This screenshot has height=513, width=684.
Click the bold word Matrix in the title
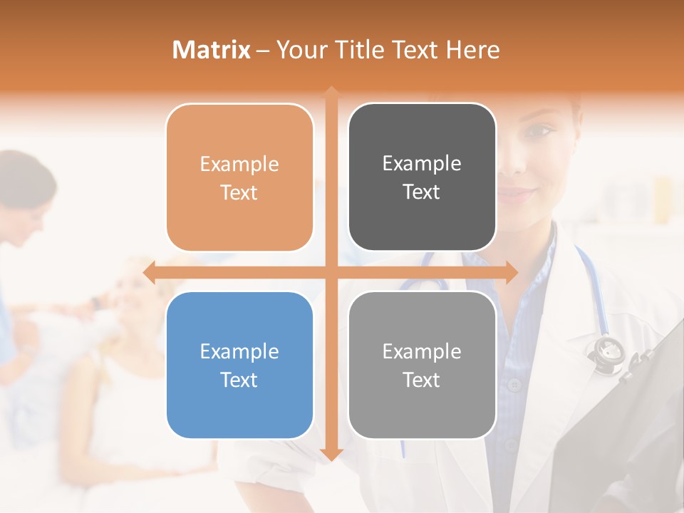coord(211,50)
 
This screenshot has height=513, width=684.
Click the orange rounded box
coord(239,177)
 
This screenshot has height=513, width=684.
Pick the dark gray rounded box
coord(422,177)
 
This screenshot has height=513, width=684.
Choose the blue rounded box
coord(239,365)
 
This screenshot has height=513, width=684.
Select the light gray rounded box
coord(422,365)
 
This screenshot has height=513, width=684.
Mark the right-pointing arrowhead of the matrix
coord(512,272)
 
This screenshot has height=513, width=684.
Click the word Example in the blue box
coord(239,351)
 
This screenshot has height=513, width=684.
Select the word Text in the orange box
coord(239,192)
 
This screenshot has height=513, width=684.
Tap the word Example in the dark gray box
coord(422,163)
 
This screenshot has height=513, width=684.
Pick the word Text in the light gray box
coord(422,380)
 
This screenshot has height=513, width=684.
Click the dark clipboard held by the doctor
coord(613,427)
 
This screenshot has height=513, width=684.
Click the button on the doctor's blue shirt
coord(514,385)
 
